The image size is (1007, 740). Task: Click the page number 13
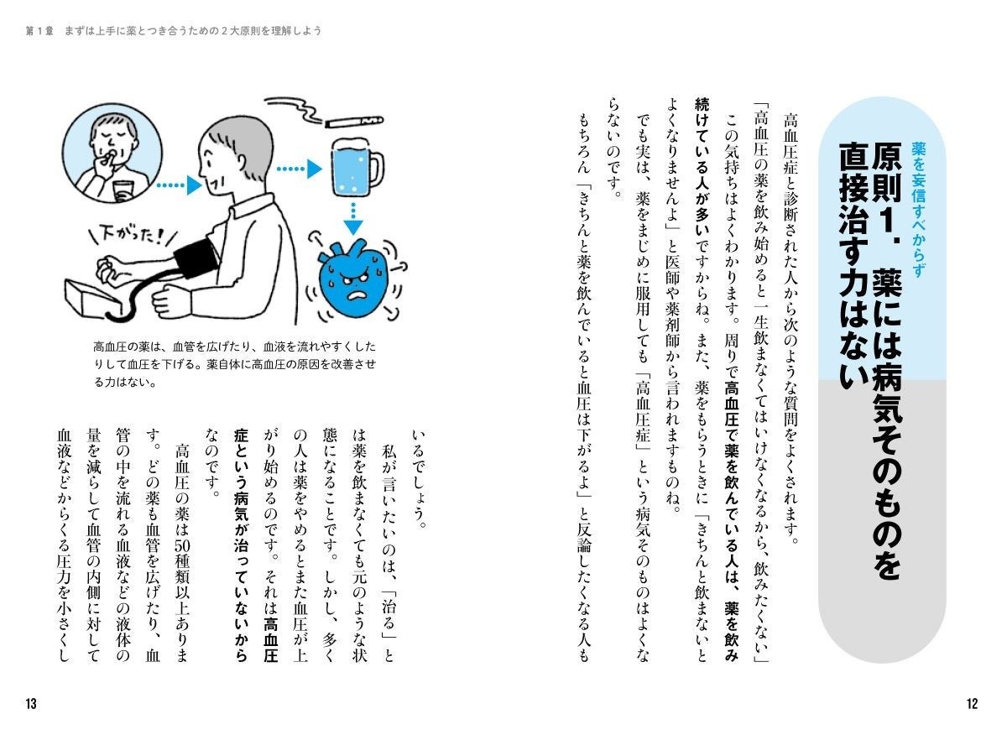tap(30, 704)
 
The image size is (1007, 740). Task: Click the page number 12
tap(972, 704)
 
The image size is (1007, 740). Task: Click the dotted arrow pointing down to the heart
tap(354, 216)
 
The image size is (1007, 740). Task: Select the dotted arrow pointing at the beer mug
tap(300, 169)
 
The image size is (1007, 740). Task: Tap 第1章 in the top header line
tap(39, 30)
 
